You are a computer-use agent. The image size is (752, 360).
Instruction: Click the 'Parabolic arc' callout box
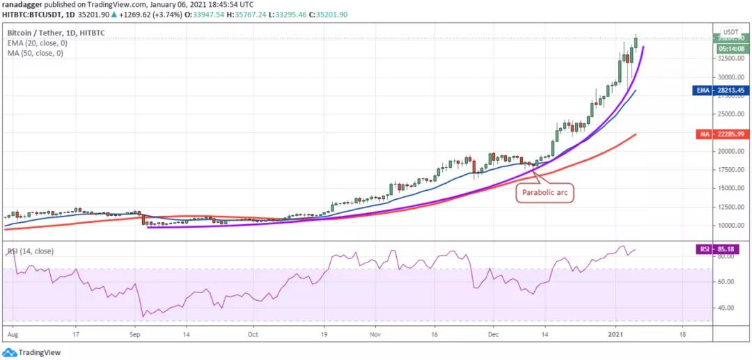[x=545, y=194]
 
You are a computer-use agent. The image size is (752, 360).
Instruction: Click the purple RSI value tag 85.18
[x=730, y=249]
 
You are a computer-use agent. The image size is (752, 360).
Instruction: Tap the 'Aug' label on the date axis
[x=12, y=335]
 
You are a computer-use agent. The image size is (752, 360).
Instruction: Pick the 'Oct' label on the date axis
[x=253, y=335]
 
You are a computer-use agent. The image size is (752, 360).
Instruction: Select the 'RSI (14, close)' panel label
[x=30, y=251]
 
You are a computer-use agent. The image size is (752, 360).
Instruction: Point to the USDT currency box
[x=730, y=32]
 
